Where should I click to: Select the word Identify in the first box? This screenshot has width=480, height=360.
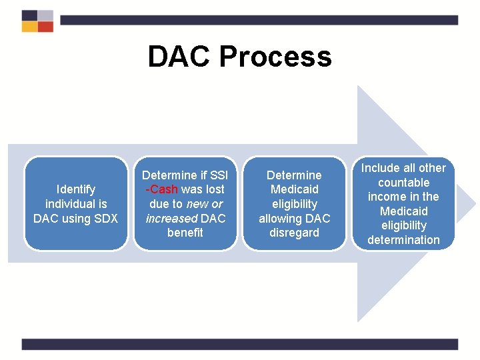76,189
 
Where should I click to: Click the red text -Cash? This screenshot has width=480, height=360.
162,189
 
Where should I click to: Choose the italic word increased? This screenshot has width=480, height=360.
171,218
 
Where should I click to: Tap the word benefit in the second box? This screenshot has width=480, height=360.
185,233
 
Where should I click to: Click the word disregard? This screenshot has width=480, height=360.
294,233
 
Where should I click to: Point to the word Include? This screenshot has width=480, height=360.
379,168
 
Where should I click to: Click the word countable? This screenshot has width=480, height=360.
403,183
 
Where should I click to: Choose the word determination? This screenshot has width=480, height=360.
403,240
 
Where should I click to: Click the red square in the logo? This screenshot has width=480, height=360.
45,27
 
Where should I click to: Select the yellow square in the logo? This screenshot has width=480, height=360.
29,27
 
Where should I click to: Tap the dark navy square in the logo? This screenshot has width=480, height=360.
29,15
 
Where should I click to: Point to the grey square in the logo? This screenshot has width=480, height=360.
45,15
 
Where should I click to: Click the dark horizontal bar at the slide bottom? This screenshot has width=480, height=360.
240,344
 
